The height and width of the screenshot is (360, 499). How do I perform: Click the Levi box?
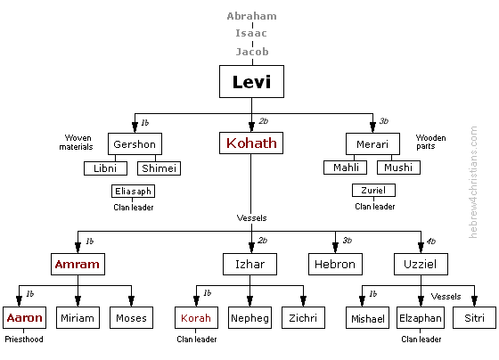pyautogui.click(x=251, y=83)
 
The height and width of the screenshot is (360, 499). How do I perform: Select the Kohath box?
pyautogui.click(x=251, y=143)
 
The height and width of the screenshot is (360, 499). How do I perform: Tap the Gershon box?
pyautogui.click(x=135, y=144)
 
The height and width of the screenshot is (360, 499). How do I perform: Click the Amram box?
pyautogui.click(x=77, y=265)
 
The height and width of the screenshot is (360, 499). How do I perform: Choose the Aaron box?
pyautogui.click(x=23, y=318)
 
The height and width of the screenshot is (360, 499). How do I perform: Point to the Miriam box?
pyautogui.click(x=77, y=318)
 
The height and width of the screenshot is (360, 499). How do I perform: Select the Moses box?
pyautogui.click(x=131, y=318)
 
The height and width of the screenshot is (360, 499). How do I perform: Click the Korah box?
pyautogui.click(x=195, y=318)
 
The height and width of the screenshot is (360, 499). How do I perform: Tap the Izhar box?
pyautogui.click(x=249, y=265)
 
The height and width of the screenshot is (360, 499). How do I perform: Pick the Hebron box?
pyautogui.click(x=335, y=265)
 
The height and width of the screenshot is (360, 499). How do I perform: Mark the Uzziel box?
pyautogui.click(x=419, y=265)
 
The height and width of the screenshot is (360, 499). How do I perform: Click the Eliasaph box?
pyautogui.click(x=134, y=192)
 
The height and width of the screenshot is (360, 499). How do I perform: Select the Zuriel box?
pyautogui.click(x=373, y=192)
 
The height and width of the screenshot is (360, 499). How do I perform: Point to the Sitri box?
pyautogui.click(x=473, y=318)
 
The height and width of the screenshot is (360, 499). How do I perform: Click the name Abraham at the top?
pyautogui.click(x=251, y=16)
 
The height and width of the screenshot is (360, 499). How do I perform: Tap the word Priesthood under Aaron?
pyautogui.click(x=23, y=340)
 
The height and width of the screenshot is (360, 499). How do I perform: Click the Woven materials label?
pyautogui.click(x=78, y=143)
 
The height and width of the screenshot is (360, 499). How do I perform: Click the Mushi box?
pyautogui.click(x=397, y=168)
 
